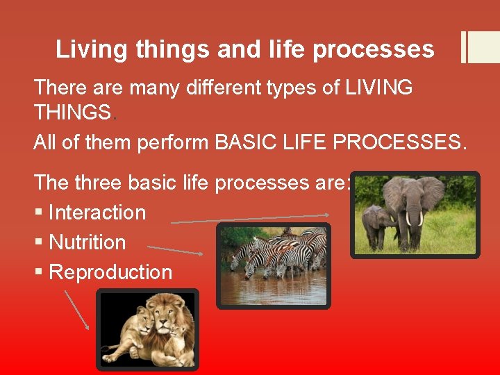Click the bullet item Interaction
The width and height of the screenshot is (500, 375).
tap(97, 212)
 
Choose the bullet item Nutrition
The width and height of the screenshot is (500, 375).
tap(87, 242)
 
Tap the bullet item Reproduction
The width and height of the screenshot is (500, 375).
tap(110, 272)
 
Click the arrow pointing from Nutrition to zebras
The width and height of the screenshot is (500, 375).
tap(175, 249)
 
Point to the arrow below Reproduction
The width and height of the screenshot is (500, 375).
tap(76, 310)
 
